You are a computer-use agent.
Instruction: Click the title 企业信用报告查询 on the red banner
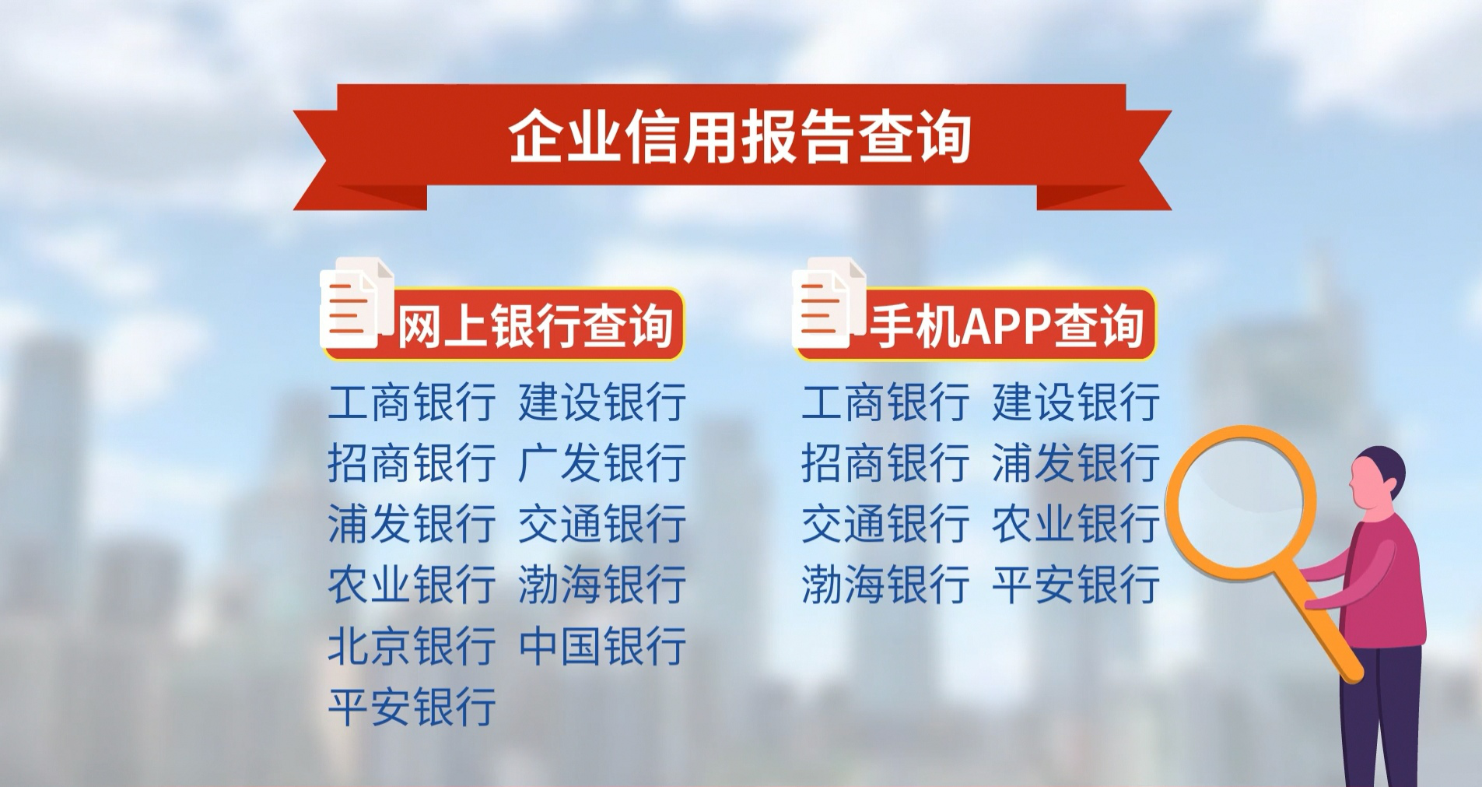pyautogui.click(x=739, y=137)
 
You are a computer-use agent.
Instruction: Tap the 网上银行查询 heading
pyautogui.click(x=535, y=325)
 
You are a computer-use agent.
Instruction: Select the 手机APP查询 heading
pyautogui.click(x=1007, y=325)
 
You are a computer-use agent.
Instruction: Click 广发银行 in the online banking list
pyautogui.click(x=602, y=462)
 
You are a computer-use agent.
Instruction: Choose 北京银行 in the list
pyautogui.click(x=412, y=646)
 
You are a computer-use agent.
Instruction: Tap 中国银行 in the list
pyautogui.click(x=602, y=646)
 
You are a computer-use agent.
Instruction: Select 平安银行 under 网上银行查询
pyautogui.click(x=412, y=707)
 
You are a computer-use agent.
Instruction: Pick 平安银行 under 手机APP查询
pyautogui.click(x=1076, y=585)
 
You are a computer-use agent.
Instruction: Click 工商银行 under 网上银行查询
pyautogui.click(x=412, y=402)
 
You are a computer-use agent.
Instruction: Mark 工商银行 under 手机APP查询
pyautogui.click(x=885, y=402)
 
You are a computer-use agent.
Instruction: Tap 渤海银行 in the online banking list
pyautogui.click(x=602, y=585)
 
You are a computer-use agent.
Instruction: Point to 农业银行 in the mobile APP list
pyautogui.click(x=1076, y=523)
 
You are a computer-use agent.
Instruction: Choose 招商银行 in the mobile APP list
pyautogui.click(x=885, y=462)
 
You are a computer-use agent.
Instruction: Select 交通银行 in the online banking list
pyautogui.click(x=602, y=523)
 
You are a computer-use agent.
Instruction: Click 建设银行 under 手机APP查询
pyautogui.click(x=1076, y=402)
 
